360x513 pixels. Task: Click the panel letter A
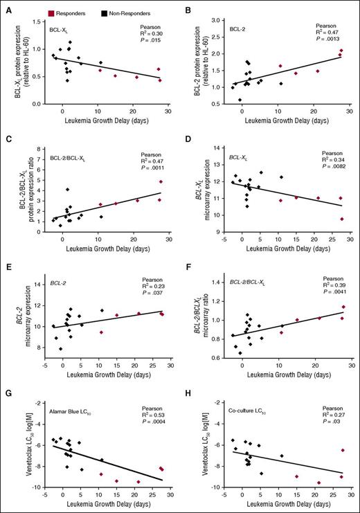click(x=5, y=8)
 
